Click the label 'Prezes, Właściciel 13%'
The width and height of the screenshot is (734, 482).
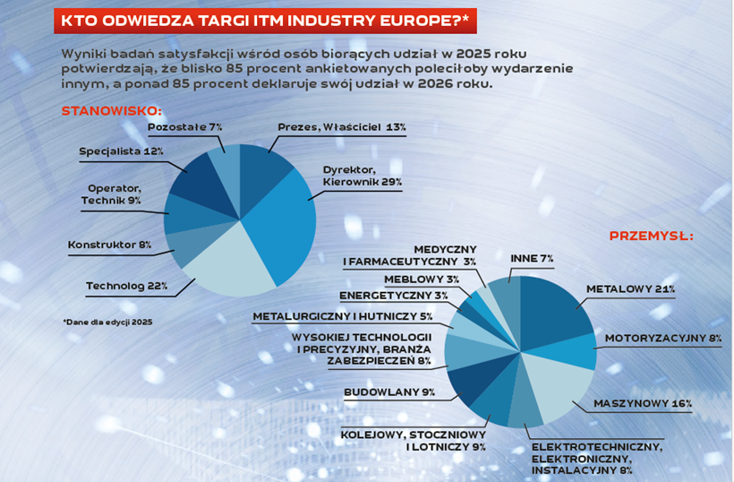pos(341,127)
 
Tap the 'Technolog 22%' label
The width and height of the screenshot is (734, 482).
pos(126,286)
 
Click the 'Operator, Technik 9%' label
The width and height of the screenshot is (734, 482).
pos(114,194)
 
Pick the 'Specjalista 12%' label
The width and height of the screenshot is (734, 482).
pos(121,151)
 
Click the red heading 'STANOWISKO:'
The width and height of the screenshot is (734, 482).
pos(111,111)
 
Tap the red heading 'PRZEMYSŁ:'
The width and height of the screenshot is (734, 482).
pos(651,237)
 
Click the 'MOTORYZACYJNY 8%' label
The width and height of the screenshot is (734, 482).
pos(663,339)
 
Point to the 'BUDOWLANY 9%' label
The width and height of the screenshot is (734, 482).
pos(389,392)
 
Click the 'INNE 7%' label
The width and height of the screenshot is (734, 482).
pos(532,258)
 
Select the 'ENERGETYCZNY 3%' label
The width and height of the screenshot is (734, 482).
pos(393,296)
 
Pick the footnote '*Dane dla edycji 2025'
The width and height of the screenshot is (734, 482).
pos(107,321)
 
